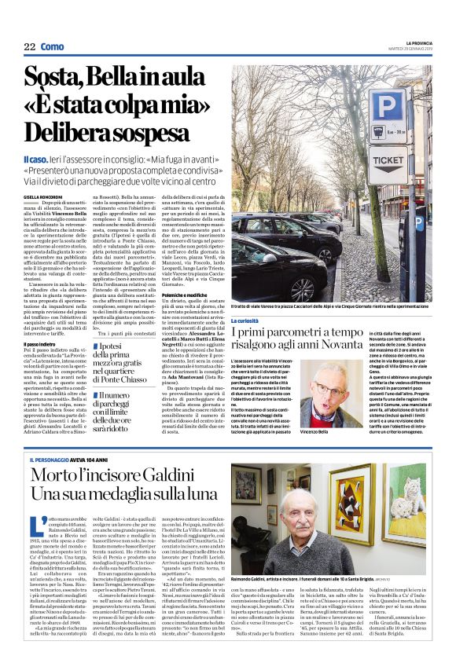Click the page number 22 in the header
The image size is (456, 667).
(30, 47)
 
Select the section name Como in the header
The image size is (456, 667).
(52, 47)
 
